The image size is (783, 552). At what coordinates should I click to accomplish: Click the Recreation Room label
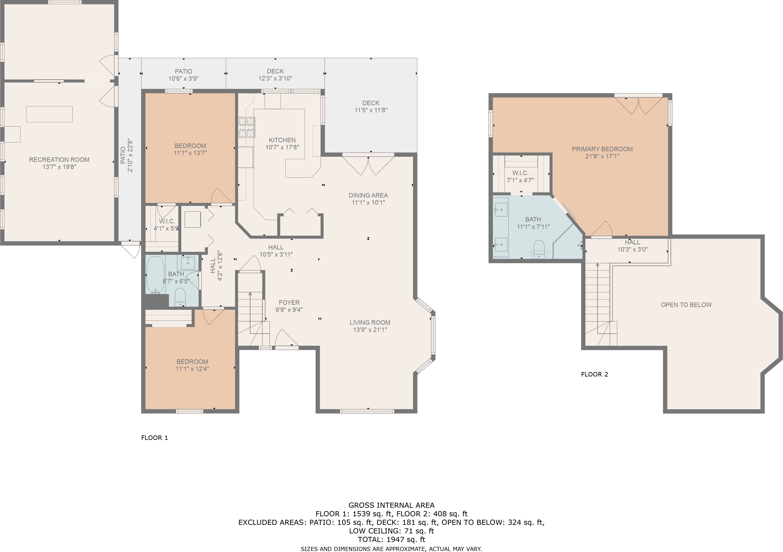(59, 159)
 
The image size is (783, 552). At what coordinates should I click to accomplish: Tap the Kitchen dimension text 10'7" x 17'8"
(282, 147)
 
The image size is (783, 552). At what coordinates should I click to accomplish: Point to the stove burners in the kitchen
(246, 127)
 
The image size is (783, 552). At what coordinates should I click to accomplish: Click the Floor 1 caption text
(154, 438)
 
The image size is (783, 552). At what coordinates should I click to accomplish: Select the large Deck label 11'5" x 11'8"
(371, 107)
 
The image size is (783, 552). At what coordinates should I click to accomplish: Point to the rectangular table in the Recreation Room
(49, 114)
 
